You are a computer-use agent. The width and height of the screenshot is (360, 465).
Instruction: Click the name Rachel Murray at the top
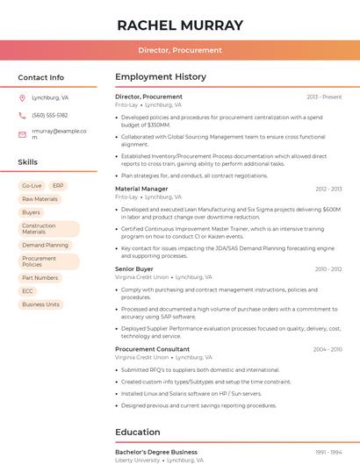coord(180,25)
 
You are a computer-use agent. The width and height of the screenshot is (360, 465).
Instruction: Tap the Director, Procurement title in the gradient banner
coord(180,50)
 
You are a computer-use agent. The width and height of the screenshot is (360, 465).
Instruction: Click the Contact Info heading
coord(41,77)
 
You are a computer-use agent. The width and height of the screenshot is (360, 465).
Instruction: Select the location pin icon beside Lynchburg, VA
coord(22,97)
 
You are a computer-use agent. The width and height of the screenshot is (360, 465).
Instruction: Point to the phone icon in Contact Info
coord(22,115)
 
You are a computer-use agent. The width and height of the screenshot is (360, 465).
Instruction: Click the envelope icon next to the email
coord(22,134)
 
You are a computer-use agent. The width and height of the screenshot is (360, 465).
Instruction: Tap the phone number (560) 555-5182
coord(50,115)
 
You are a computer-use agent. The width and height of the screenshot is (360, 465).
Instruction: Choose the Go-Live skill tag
coord(32,186)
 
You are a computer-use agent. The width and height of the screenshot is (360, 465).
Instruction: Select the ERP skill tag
coord(59,186)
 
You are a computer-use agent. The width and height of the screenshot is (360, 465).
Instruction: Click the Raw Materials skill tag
coord(40,199)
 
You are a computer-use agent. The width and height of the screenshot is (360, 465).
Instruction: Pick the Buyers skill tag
coord(31,212)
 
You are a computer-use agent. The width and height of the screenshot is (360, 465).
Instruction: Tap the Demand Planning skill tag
coord(45,246)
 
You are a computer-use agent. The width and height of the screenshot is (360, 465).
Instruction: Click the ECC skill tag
coord(28,291)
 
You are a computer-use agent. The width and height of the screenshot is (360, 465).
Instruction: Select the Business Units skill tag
coord(40,304)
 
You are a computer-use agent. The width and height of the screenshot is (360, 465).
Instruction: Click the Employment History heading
coord(161,77)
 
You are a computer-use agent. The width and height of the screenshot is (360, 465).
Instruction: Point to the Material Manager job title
coord(141,189)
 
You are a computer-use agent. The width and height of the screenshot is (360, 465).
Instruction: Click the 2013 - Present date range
coord(324,97)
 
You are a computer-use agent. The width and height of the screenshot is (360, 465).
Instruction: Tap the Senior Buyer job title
coord(134,268)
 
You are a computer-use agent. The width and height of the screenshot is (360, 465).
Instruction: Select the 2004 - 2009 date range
coord(327,349)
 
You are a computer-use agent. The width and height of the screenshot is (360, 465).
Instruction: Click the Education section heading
coord(138,432)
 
